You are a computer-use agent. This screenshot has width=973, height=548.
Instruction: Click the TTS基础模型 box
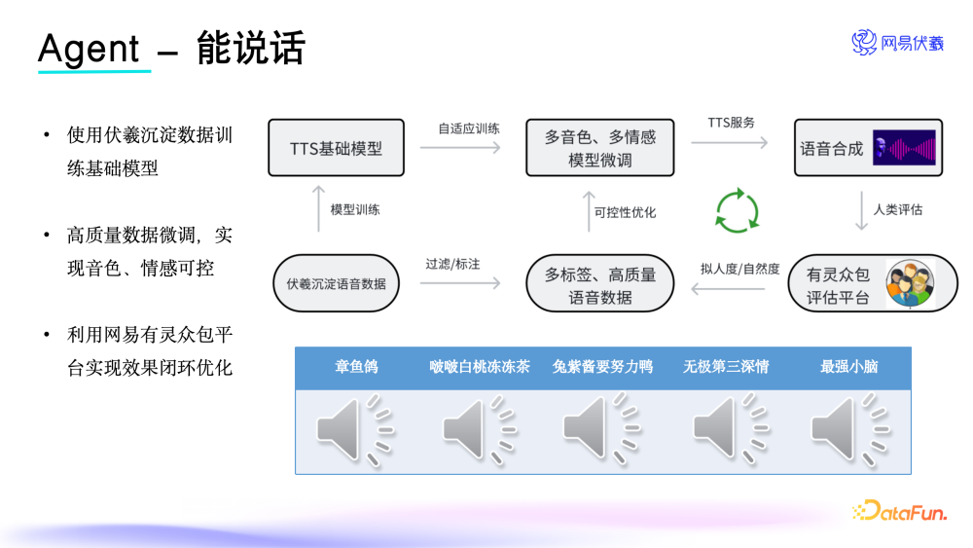pos(336,148)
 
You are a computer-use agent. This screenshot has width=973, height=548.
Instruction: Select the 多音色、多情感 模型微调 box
pos(599,148)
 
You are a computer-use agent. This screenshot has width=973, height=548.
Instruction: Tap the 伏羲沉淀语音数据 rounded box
pos(336,283)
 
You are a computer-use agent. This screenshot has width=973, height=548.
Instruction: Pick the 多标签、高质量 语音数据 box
pos(599,285)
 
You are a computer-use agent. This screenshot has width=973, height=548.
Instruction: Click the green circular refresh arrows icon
pos(737,210)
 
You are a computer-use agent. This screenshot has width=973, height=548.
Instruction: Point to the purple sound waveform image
pos(904,148)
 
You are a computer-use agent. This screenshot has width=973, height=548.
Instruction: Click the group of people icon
pos(910,283)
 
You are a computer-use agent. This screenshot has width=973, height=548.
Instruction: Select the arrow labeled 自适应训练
pos(460,147)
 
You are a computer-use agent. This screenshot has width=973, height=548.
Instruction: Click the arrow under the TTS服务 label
pos(730,142)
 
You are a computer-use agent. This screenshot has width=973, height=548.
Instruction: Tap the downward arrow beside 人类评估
pos(861,210)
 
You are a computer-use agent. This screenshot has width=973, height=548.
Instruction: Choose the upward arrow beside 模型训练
pos(318,210)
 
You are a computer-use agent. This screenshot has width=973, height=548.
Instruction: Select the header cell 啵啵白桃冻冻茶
pos(479,367)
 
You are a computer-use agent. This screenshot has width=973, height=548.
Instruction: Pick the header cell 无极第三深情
pos(726,367)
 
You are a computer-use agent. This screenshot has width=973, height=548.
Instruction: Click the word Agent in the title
pos(89,48)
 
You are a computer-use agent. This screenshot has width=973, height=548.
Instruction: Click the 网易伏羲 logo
pos(898,43)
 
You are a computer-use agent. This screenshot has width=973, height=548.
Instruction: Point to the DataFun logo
pos(898,511)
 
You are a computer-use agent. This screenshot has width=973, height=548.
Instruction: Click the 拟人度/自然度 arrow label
pos(739,269)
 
